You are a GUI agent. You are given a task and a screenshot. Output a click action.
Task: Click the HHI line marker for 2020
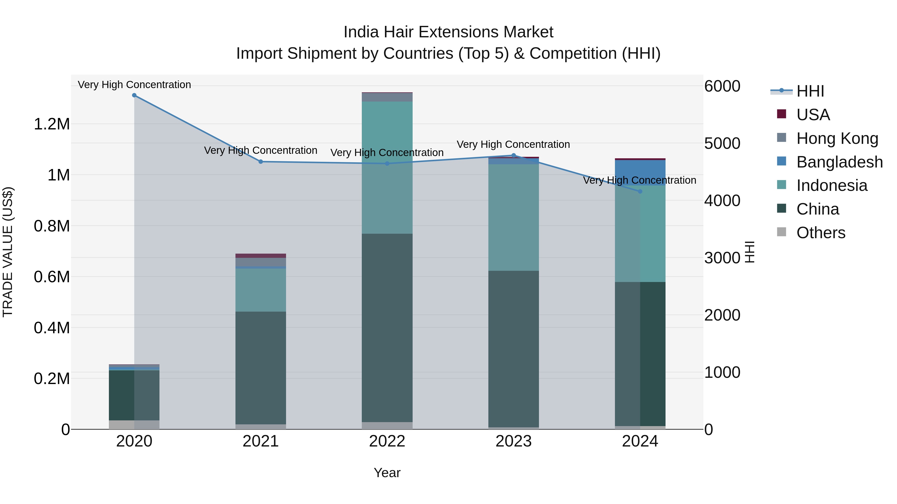click(x=134, y=95)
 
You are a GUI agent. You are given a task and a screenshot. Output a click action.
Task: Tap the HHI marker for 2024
click(x=640, y=192)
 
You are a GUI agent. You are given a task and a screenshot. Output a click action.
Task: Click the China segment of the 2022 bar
click(x=387, y=327)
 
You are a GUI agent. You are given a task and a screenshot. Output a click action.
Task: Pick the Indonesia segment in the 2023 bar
click(x=513, y=217)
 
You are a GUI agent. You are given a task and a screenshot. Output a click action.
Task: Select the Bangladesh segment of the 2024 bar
click(x=640, y=172)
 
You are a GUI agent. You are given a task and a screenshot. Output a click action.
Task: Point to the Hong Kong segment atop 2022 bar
click(x=387, y=97)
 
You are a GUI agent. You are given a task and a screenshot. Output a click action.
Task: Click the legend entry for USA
click(x=813, y=115)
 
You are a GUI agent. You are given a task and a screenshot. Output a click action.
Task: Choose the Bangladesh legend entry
click(x=839, y=162)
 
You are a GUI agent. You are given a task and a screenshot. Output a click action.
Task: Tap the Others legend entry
click(x=821, y=233)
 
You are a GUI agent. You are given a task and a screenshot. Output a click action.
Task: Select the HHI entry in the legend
click(x=810, y=91)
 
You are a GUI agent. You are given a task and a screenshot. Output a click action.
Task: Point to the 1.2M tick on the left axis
click(x=52, y=124)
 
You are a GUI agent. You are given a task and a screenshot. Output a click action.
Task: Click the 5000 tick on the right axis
click(x=722, y=143)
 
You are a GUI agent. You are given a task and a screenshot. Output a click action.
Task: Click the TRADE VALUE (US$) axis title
click(x=8, y=252)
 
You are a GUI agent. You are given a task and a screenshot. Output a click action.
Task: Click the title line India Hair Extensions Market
click(x=448, y=32)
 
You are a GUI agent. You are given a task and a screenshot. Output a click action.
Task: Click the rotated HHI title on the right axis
click(x=749, y=252)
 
